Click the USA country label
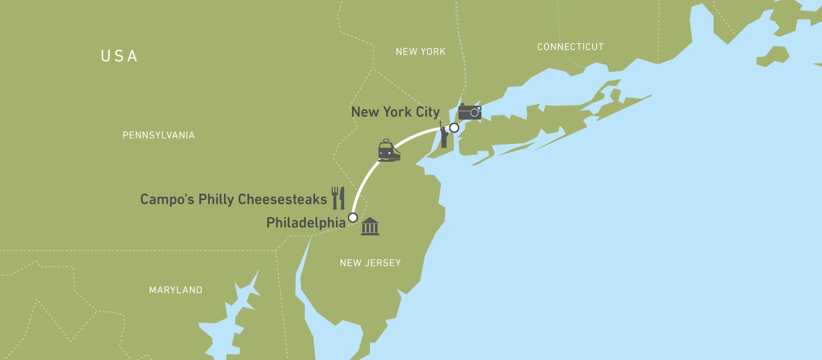(120, 56)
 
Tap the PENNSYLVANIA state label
(159, 135)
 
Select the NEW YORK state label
(421, 52)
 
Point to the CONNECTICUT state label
(570, 47)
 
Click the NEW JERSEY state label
(370, 263)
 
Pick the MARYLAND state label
(176, 290)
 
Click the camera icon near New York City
(469, 112)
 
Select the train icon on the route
(389, 151)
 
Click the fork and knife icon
(338, 198)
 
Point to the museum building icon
(370, 227)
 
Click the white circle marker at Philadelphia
(353, 217)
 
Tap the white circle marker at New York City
(454, 128)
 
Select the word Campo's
(167, 199)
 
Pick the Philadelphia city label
(306, 223)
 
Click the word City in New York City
(428, 112)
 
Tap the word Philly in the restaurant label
(217, 199)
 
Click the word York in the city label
(399, 112)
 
